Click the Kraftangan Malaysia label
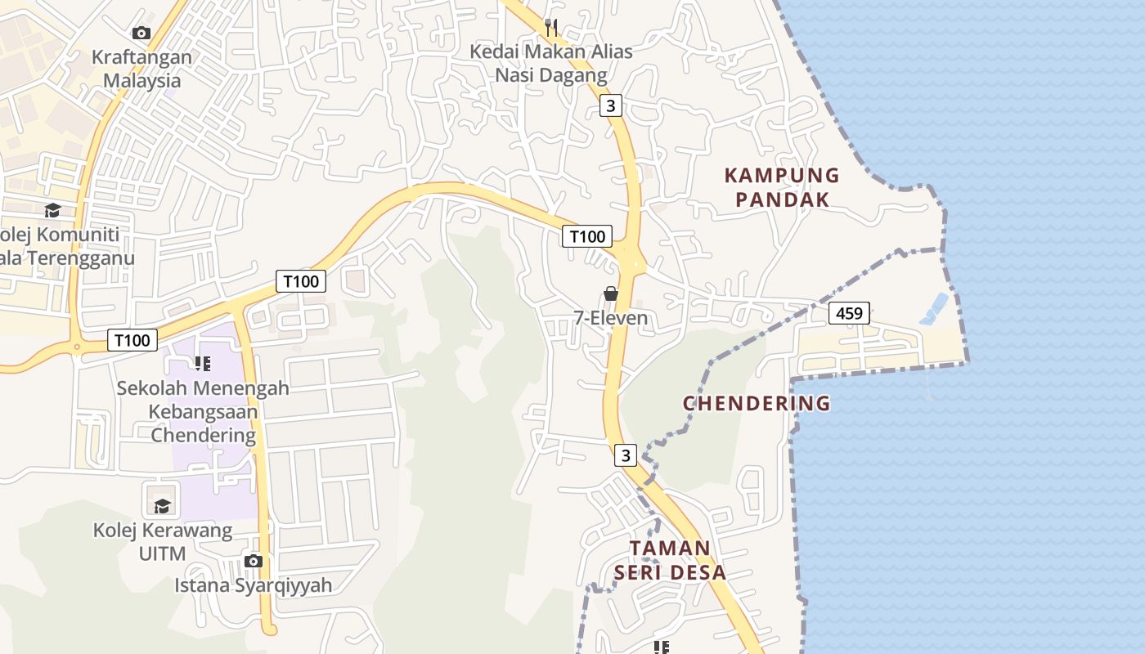coord(141,69)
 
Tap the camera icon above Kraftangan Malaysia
coord(141,33)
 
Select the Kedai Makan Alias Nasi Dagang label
coord(551,63)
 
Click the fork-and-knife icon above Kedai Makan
coord(551,28)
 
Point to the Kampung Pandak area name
coord(782,187)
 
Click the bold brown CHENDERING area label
coord(757,403)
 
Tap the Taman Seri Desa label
coord(671,560)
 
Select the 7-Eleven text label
coord(611,318)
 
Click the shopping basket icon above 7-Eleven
coord(611,293)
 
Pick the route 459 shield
coord(849,313)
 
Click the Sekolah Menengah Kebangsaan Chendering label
coord(203,411)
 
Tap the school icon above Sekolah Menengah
coord(203,363)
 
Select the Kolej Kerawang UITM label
coord(162,542)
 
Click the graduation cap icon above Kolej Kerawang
coord(162,506)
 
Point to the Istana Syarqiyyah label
coord(254,585)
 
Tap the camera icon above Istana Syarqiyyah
coord(254,561)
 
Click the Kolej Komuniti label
coord(61,246)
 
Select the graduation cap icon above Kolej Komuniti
coord(53,210)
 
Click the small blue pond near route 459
coord(934,309)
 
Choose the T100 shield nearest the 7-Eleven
coord(587,237)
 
